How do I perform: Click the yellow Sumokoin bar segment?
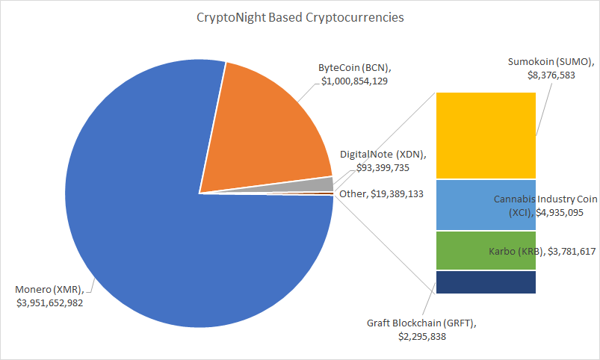[x=486, y=135]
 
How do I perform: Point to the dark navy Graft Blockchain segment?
[x=486, y=282]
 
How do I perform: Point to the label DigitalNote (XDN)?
[x=383, y=155]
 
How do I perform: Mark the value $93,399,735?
[x=374, y=167]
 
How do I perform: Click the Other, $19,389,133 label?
[x=381, y=193]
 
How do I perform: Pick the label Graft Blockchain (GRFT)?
[x=421, y=324]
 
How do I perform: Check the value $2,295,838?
[x=423, y=337]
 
